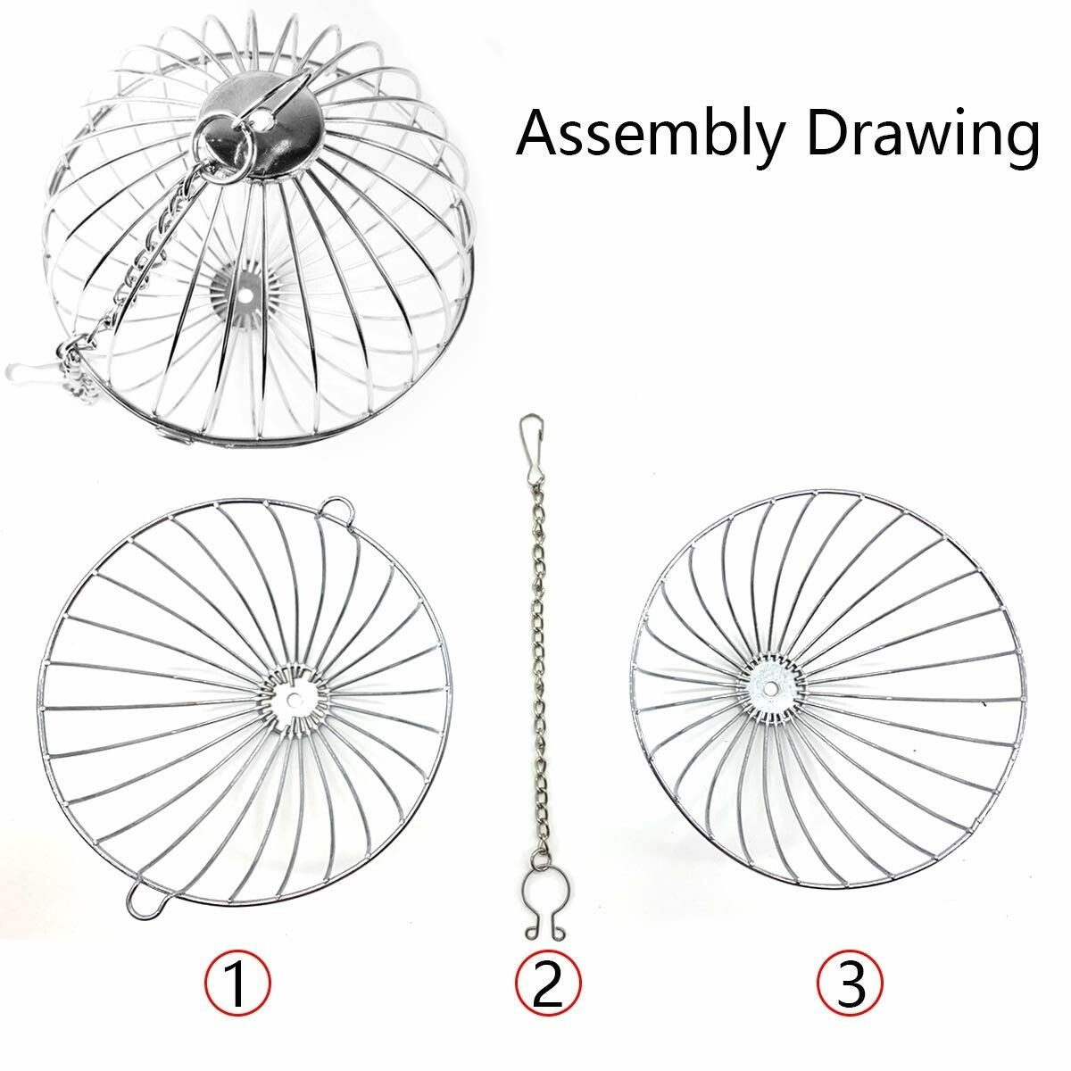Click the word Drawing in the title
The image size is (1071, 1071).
(923, 134)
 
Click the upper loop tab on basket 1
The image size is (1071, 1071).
(336, 508)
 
